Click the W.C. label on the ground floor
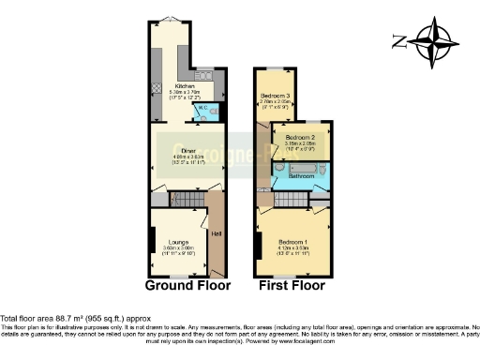(201, 108)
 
